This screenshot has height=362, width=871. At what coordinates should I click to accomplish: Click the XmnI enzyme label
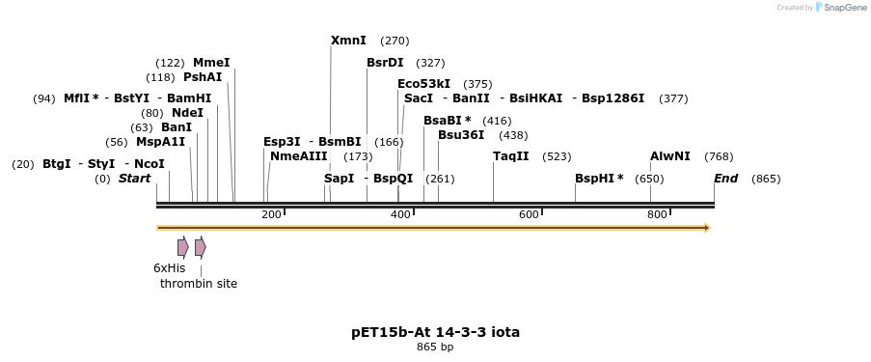pyautogui.click(x=348, y=41)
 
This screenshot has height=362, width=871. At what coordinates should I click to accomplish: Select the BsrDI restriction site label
pyautogui.click(x=385, y=63)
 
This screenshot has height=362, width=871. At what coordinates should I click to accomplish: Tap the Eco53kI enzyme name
pyautogui.click(x=423, y=84)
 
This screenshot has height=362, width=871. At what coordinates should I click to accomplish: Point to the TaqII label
pyautogui.click(x=510, y=156)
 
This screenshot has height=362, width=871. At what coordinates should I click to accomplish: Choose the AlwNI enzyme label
pyautogui.click(x=669, y=156)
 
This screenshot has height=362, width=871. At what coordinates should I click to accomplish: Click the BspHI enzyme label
pyautogui.click(x=598, y=179)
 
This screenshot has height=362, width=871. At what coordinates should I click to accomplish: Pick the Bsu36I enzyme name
pyautogui.click(x=461, y=135)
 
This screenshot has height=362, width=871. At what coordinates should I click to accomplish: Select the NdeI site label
pyautogui.click(x=187, y=113)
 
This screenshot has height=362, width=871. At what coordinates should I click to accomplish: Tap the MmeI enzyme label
pyautogui.click(x=211, y=63)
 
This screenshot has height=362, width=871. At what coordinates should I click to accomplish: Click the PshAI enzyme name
pyautogui.click(x=203, y=77)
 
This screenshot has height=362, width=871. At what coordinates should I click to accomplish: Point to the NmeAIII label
pyautogui.click(x=298, y=156)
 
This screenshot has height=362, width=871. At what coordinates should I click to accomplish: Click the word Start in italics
pyautogui.click(x=134, y=179)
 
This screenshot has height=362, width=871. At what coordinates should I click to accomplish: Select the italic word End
pyautogui.click(x=725, y=179)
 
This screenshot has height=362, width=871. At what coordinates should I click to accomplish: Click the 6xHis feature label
pyautogui.click(x=169, y=267)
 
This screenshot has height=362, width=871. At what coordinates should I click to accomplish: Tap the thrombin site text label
pyautogui.click(x=199, y=283)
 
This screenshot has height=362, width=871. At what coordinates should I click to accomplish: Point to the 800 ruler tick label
pyautogui.click(x=657, y=214)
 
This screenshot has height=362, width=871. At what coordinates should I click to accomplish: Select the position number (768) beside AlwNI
pyautogui.click(x=719, y=156)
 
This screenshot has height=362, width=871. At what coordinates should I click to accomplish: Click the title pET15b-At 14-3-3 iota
pyautogui.click(x=435, y=332)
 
